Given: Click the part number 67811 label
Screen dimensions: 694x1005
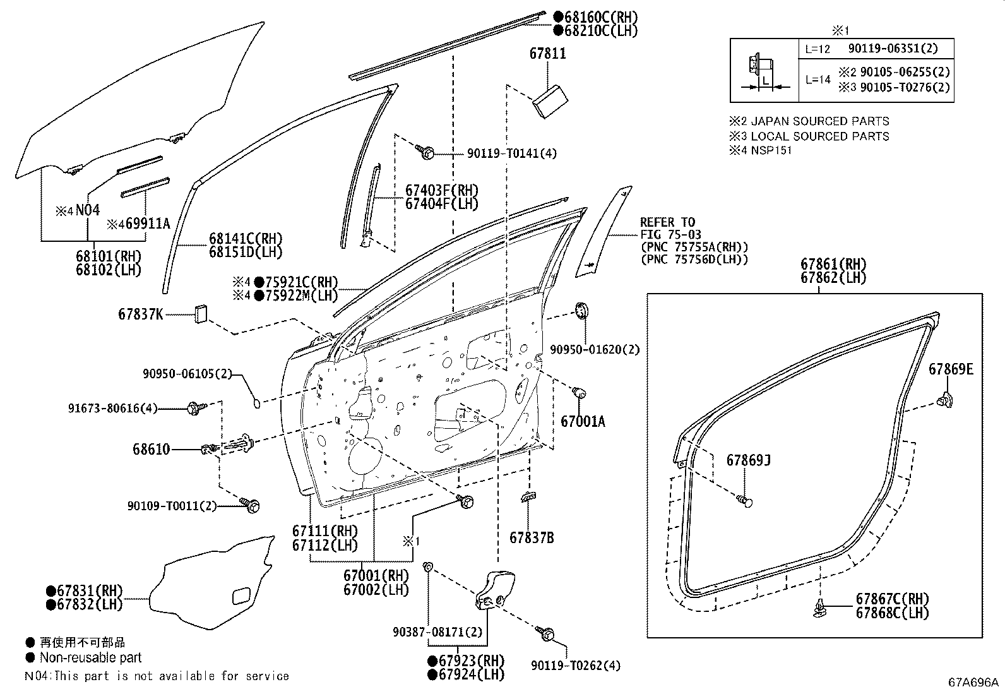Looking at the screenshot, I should coord(547,54).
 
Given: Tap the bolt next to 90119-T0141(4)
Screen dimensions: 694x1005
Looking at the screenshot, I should coord(425,152).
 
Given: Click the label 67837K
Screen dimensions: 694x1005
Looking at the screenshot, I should coord(140,313).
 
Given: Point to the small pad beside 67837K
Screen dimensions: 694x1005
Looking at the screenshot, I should coord(201,313).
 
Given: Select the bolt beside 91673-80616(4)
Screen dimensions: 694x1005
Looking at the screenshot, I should coord(194,409).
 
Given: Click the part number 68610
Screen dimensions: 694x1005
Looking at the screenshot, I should coord(151,450).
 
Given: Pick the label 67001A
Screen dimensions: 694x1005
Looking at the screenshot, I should coord(583,421).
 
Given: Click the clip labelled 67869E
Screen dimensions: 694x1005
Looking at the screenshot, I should coord(946,398).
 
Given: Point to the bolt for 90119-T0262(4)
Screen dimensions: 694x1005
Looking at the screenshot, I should coord(547,633).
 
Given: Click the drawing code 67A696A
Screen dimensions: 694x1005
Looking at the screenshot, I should coord(973,682).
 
